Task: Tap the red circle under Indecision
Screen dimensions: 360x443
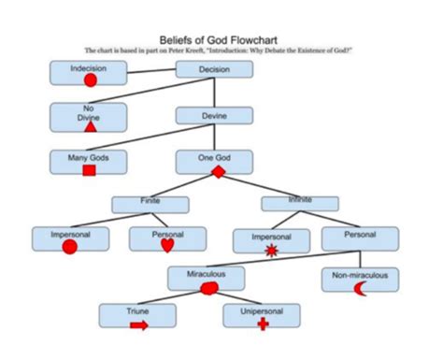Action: (91, 80)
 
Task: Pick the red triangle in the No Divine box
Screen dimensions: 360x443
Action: (91, 126)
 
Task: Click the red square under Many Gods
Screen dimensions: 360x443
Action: (90, 171)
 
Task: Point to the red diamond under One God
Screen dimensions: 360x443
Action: (219, 172)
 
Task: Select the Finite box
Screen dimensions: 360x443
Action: (150, 203)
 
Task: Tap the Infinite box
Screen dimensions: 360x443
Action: (299, 202)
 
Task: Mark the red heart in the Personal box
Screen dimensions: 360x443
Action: (167, 246)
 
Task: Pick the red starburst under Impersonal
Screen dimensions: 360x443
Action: (272, 250)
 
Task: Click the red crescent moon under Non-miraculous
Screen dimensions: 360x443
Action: (359, 289)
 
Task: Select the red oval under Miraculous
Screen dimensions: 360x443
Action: (209, 289)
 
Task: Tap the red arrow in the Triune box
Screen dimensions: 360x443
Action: (138, 324)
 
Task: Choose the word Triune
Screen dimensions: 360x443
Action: (138, 310)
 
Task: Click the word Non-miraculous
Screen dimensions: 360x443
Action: (360, 275)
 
